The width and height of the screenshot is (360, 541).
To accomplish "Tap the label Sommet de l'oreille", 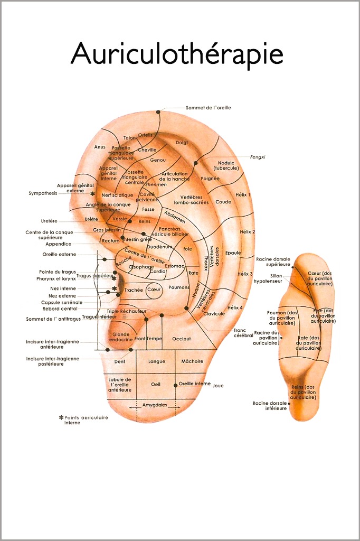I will [x=208, y=108].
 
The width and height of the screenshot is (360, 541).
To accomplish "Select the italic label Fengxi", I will [x=258, y=157].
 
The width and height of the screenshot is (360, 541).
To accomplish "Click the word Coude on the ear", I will [x=223, y=202].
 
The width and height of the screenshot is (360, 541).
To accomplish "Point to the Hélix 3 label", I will [x=245, y=274].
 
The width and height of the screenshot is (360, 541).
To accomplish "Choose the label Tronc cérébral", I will [x=240, y=333].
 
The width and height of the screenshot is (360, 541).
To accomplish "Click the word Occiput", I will [x=181, y=339].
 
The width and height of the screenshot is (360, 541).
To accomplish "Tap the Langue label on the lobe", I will [x=157, y=362].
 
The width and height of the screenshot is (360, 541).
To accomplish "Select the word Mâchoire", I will [x=192, y=362].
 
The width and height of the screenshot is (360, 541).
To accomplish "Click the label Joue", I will [x=218, y=386].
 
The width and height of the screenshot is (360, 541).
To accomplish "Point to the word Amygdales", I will [x=155, y=405].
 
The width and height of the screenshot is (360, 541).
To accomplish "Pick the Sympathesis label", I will [x=43, y=193].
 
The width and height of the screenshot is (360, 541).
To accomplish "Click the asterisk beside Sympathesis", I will [x=93, y=194].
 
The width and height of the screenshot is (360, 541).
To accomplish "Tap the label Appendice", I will [x=58, y=244].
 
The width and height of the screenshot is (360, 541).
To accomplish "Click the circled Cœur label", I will [x=154, y=290].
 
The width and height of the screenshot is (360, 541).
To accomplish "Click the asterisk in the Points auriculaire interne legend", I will [x=61, y=417].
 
